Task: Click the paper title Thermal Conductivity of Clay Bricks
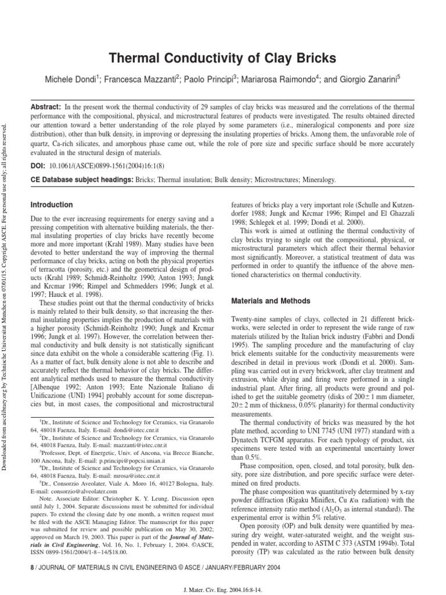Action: coord(223,58)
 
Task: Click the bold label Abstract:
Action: coord(45,108)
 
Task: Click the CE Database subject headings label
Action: coord(81,181)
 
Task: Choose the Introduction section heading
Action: coord(52,205)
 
